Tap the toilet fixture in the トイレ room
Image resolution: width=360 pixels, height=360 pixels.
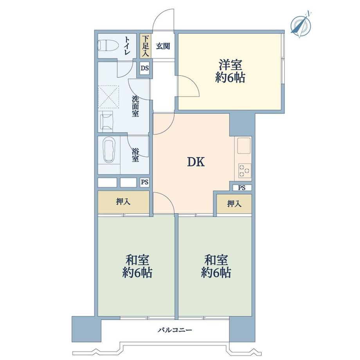click(108, 45)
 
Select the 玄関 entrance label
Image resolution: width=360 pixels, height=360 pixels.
click(163, 46)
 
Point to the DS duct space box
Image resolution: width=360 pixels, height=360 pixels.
click(145, 68)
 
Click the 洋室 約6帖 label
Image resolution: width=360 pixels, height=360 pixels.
click(230, 71)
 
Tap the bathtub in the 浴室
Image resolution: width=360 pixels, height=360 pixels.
click(109, 150)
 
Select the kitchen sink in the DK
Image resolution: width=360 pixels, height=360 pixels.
click(244, 145)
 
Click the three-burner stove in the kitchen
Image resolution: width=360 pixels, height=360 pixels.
click(245, 170)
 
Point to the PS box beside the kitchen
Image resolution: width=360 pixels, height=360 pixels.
click(242, 188)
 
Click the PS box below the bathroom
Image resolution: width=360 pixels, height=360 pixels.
click(145, 182)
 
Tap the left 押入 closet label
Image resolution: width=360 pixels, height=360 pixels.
click(123, 202)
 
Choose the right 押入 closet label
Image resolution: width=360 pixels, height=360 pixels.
click(234, 203)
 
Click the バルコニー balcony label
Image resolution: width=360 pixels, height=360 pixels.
click(175, 330)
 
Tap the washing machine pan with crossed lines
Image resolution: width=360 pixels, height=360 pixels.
click(109, 96)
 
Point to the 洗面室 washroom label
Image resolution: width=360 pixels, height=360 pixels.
click(135, 106)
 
